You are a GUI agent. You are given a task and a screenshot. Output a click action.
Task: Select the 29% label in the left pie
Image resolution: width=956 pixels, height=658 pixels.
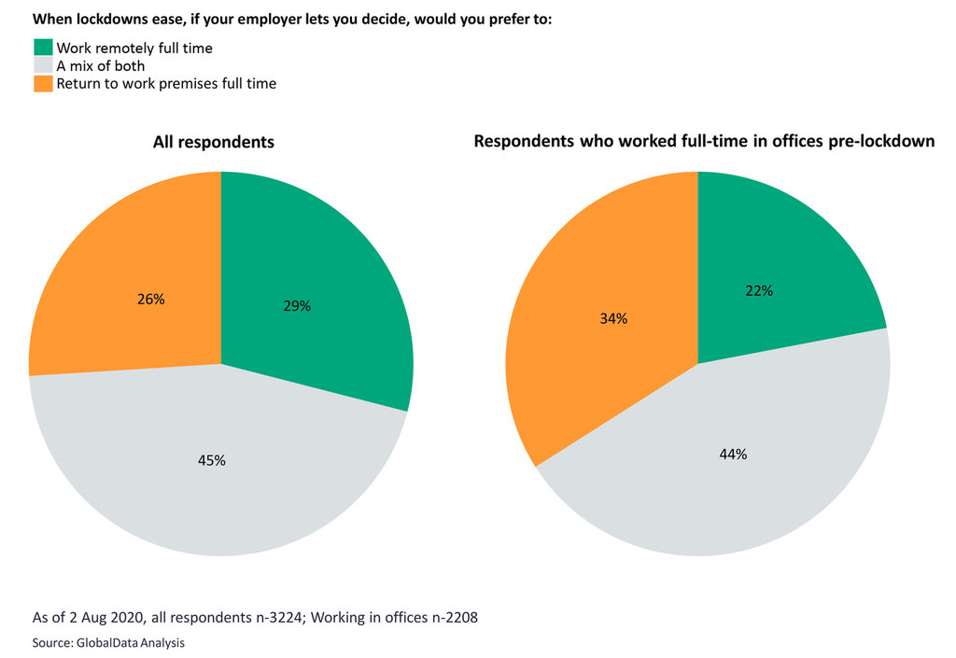(x=297, y=305)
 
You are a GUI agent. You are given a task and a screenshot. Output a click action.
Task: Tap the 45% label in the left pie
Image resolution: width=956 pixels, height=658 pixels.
(x=212, y=460)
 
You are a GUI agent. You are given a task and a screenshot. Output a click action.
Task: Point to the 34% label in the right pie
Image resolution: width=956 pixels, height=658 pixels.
(x=613, y=318)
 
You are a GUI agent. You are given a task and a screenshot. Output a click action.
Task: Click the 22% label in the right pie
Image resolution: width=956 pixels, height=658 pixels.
(x=759, y=290)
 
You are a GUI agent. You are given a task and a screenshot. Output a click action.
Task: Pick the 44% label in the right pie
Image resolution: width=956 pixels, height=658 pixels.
(x=733, y=455)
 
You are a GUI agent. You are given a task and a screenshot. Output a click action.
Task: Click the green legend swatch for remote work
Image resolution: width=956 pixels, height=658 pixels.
(x=44, y=48)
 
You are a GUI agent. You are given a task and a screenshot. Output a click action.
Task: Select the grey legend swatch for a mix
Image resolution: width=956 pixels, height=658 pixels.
(x=44, y=65)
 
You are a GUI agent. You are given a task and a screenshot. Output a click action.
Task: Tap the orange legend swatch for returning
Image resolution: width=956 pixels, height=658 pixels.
(x=44, y=83)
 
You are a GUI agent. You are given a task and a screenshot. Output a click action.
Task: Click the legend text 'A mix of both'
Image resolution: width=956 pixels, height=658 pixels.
(x=100, y=65)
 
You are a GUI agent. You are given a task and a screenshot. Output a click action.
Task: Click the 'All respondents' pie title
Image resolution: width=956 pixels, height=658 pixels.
(x=214, y=143)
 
